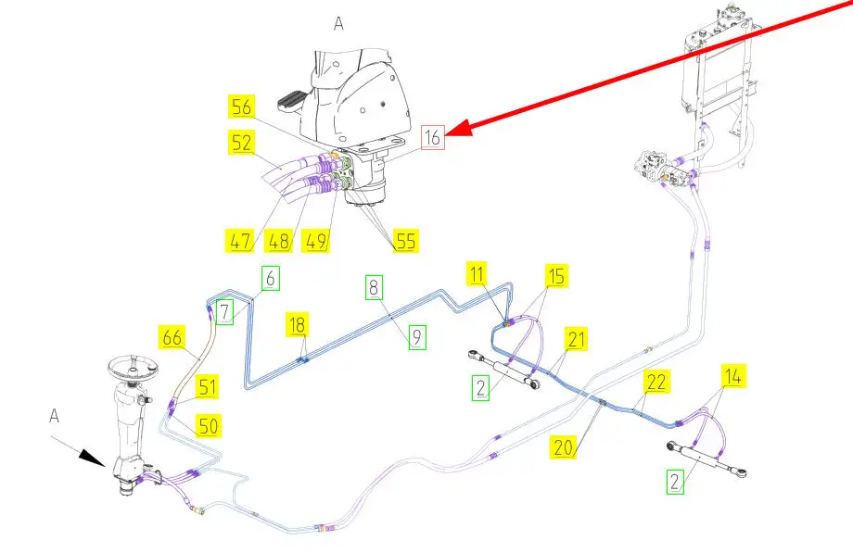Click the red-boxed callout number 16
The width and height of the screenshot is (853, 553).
click(x=434, y=138)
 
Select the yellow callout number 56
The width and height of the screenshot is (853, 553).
click(x=242, y=108)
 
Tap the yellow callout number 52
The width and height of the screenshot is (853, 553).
click(x=242, y=143)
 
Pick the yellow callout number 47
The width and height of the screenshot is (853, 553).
click(x=241, y=243)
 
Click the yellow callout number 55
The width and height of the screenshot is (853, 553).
click(x=403, y=242)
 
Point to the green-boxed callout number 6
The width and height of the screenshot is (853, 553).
click(x=270, y=277)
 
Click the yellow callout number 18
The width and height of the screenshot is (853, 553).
click(x=374, y=287)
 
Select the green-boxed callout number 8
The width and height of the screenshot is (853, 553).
click(x=417, y=338)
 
